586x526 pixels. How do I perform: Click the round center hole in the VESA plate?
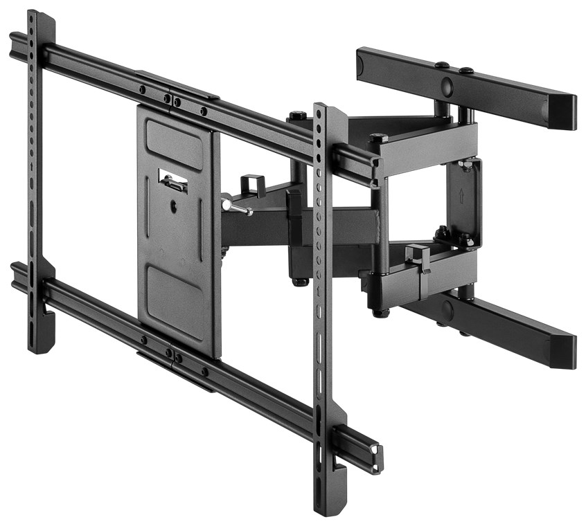coord(173,206)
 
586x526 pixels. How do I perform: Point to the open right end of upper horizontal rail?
coord(376,172)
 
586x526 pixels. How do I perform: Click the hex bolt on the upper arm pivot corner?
coord(378,138)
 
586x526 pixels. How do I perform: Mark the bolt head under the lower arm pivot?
coord(379,313)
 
